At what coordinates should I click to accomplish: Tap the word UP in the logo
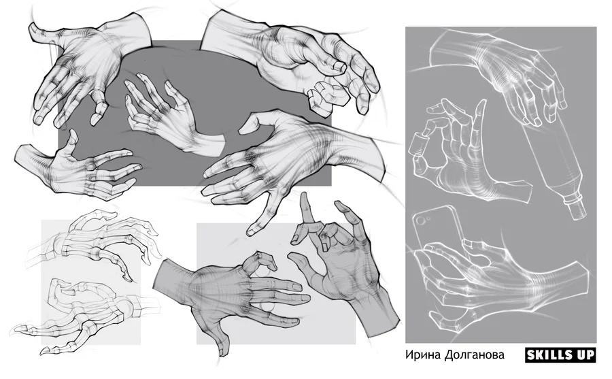tap(585, 355)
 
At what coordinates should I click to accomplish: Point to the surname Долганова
tap(474, 355)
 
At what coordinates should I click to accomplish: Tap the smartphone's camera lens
tap(422, 220)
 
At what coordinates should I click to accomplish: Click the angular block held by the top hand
tap(327, 96)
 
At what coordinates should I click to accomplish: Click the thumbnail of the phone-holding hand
tap(469, 244)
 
